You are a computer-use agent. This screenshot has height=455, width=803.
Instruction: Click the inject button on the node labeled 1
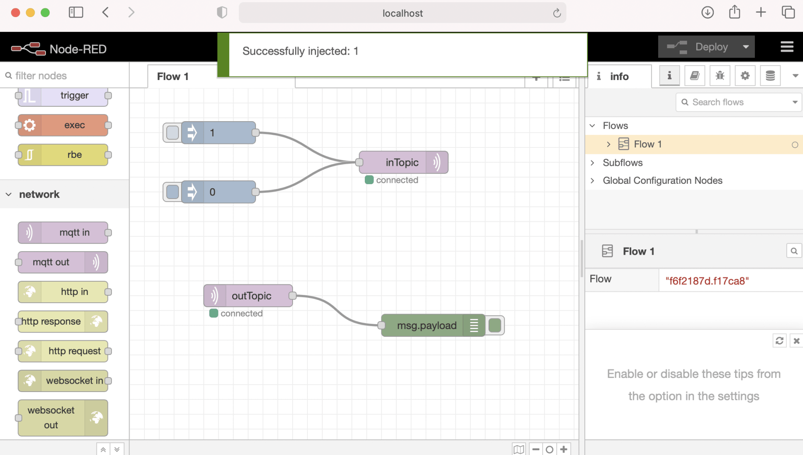click(x=172, y=133)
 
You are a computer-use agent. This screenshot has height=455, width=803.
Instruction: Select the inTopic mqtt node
click(x=401, y=162)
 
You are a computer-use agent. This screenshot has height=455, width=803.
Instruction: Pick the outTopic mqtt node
click(x=251, y=296)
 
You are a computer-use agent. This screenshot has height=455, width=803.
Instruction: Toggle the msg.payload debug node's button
click(x=495, y=325)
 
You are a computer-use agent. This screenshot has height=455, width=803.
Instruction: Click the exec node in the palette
click(x=63, y=125)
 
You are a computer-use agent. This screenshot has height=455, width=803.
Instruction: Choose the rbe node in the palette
click(x=63, y=155)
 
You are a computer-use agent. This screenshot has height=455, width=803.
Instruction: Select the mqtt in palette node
click(x=63, y=233)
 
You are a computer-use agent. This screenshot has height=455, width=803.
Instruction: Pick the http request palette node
click(x=63, y=351)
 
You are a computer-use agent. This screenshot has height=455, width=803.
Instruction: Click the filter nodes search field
click(x=66, y=76)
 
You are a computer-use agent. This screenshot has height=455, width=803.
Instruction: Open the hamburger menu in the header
click(x=787, y=47)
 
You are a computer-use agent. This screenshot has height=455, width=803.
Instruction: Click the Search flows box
click(x=739, y=102)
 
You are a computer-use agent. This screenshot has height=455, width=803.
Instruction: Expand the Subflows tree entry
click(x=593, y=163)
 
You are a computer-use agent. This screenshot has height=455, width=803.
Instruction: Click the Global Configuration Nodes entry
click(x=662, y=181)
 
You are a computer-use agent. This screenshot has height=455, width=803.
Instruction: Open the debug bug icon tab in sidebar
click(x=720, y=76)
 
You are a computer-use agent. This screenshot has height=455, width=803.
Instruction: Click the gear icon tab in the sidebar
click(x=745, y=76)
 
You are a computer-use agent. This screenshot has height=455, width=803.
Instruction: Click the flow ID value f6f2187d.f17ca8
click(x=707, y=281)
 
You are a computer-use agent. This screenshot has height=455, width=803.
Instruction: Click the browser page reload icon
click(x=557, y=13)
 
